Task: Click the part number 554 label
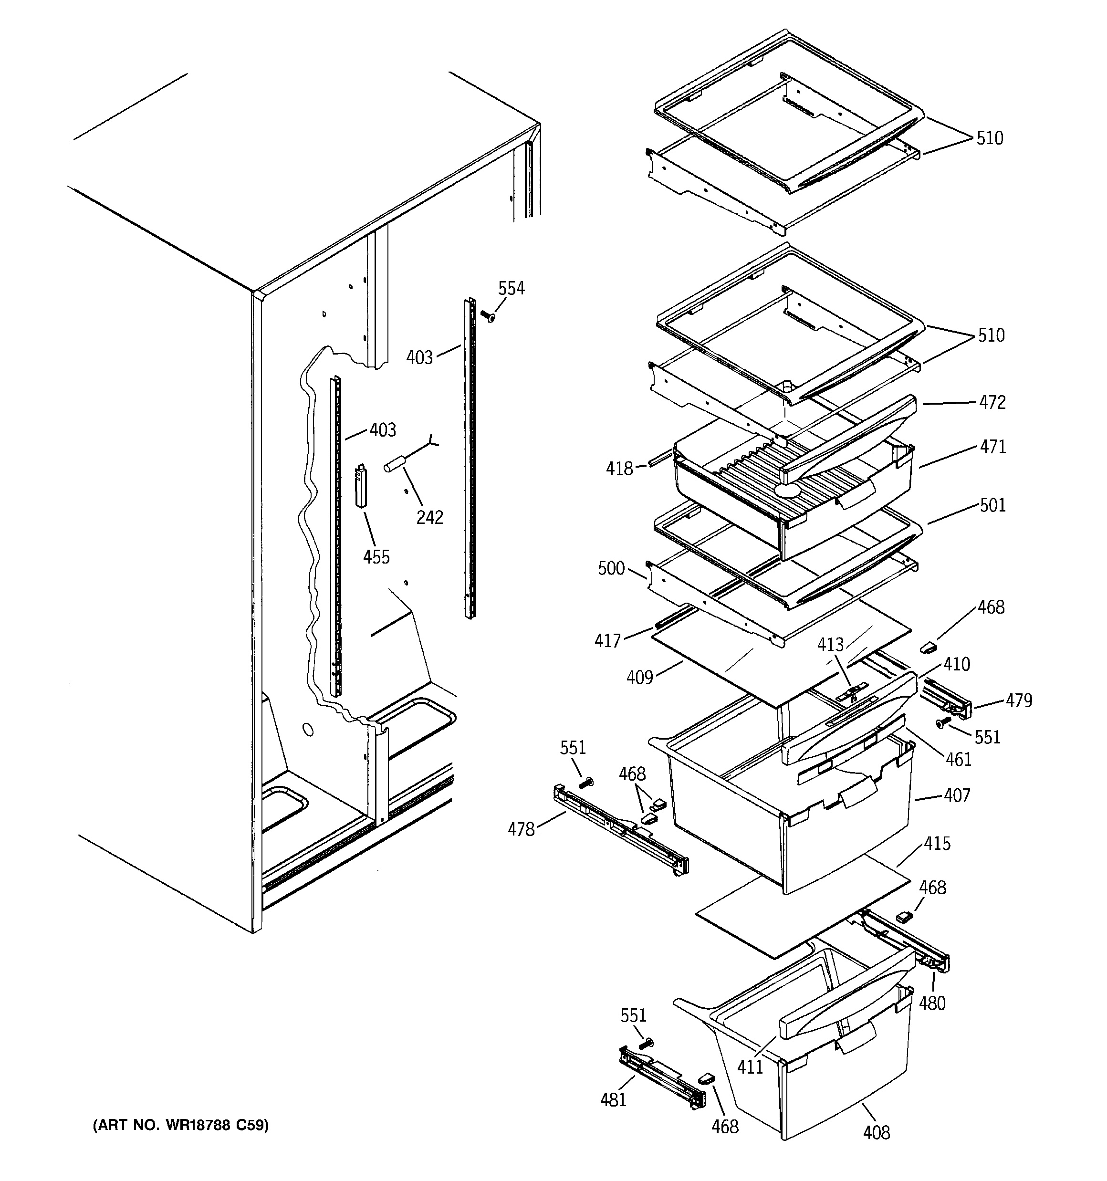pyautogui.click(x=511, y=289)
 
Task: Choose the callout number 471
pyautogui.click(x=992, y=447)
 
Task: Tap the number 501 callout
pyautogui.click(x=992, y=505)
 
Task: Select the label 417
pyautogui.click(x=607, y=640)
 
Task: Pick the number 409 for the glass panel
pyautogui.click(x=639, y=677)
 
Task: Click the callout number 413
pyautogui.click(x=830, y=645)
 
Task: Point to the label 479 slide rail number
pyautogui.click(x=1018, y=701)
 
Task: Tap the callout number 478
pyautogui.click(x=521, y=829)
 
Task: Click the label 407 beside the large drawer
pyautogui.click(x=957, y=795)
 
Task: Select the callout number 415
pyautogui.click(x=937, y=844)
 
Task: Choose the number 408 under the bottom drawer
pyautogui.click(x=877, y=1133)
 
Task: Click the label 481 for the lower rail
pyautogui.click(x=613, y=1100)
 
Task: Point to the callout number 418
pyautogui.click(x=619, y=469)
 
